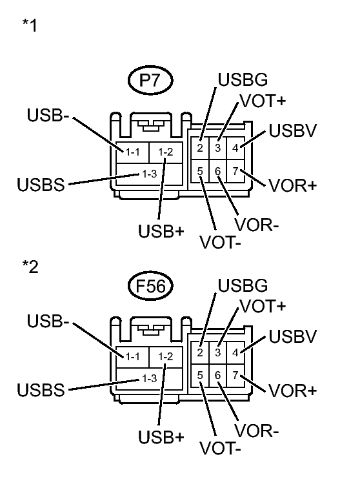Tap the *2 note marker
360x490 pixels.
pos(29,267)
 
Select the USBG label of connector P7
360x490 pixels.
pos(243,81)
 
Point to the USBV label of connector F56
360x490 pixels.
pos(292,336)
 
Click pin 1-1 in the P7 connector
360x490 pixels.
pos(134,152)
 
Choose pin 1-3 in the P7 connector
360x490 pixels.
pos(150,174)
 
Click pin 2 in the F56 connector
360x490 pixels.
pos(201,352)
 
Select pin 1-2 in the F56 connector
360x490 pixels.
pos(166,357)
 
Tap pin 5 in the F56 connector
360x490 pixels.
pos(201,375)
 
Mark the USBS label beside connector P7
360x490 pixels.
pos(41,186)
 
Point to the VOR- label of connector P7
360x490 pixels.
pos(257,226)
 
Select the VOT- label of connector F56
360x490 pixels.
pos(221,447)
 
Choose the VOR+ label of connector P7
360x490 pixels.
pos(292,185)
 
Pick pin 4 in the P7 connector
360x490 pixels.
pos(236,147)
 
